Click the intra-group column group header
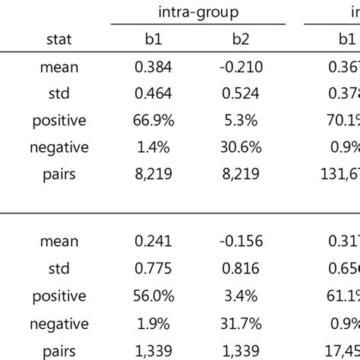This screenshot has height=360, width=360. click(198, 12)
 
